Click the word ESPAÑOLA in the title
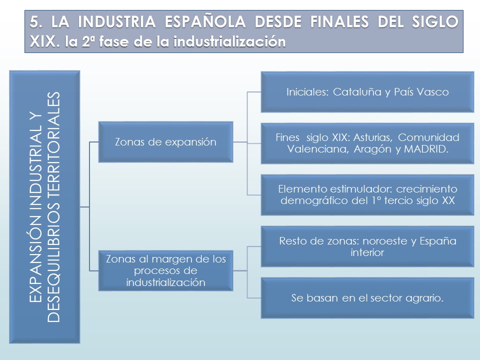205,21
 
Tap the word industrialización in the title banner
229,41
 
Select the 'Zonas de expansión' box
165,142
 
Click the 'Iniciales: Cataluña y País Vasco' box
367,92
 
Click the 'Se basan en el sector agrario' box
367,298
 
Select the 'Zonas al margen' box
165,270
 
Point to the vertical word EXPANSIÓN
35,258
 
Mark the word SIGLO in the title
435,21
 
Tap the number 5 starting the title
34,21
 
